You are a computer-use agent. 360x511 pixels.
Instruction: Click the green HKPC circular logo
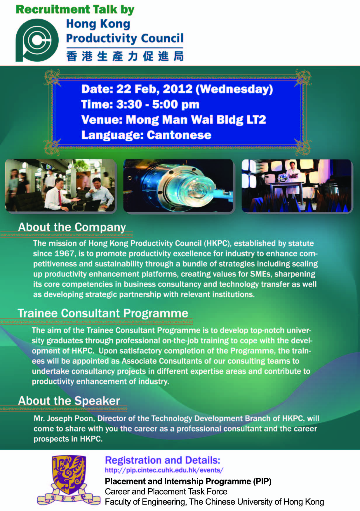pos(37,40)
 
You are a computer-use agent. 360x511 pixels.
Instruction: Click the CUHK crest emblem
pos(69,479)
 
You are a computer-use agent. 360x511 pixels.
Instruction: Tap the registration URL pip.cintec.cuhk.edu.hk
pos(164,470)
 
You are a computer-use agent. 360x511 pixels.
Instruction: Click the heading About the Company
pos(72,227)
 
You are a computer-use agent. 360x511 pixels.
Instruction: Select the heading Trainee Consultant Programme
pos(103,313)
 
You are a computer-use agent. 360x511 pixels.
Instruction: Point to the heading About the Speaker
pos(69,401)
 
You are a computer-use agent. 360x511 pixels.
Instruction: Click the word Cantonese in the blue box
pos(179,135)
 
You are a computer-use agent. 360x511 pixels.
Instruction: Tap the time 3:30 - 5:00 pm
pos(158,104)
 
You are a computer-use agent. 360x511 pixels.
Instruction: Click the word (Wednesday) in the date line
pos(234,89)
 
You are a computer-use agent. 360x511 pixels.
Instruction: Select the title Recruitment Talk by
pos(75,9)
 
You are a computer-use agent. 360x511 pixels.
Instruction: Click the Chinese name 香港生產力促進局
pos(125,56)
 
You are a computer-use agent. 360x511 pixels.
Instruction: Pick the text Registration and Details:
pos(162,460)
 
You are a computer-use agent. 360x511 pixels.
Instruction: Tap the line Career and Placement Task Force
pos(166,491)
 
